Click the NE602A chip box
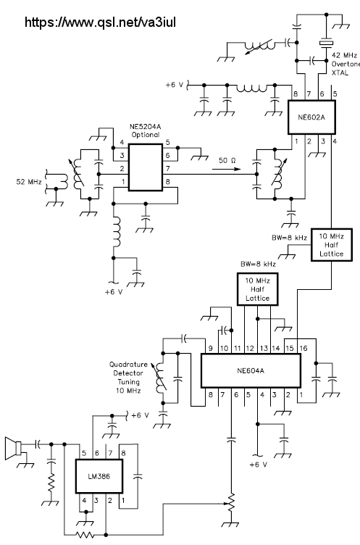(311, 117)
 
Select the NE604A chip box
(251, 370)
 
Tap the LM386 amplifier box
(99, 476)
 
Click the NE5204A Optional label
(146, 130)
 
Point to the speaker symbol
(13, 449)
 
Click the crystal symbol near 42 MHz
(326, 43)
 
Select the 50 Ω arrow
(226, 170)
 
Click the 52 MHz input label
(29, 181)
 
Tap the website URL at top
(100, 22)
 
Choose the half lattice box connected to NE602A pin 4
(332, 245)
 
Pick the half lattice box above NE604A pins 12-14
(257, 289)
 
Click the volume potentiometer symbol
(231, 503)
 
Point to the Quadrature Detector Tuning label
(128, 378)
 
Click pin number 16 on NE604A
(304, 349)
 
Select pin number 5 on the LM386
(84, 453)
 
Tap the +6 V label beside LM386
(141, 415)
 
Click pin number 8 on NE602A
(296, 93)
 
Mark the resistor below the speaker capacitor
(51, 483)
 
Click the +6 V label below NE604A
(259, 465)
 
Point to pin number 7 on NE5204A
(168, 168)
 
